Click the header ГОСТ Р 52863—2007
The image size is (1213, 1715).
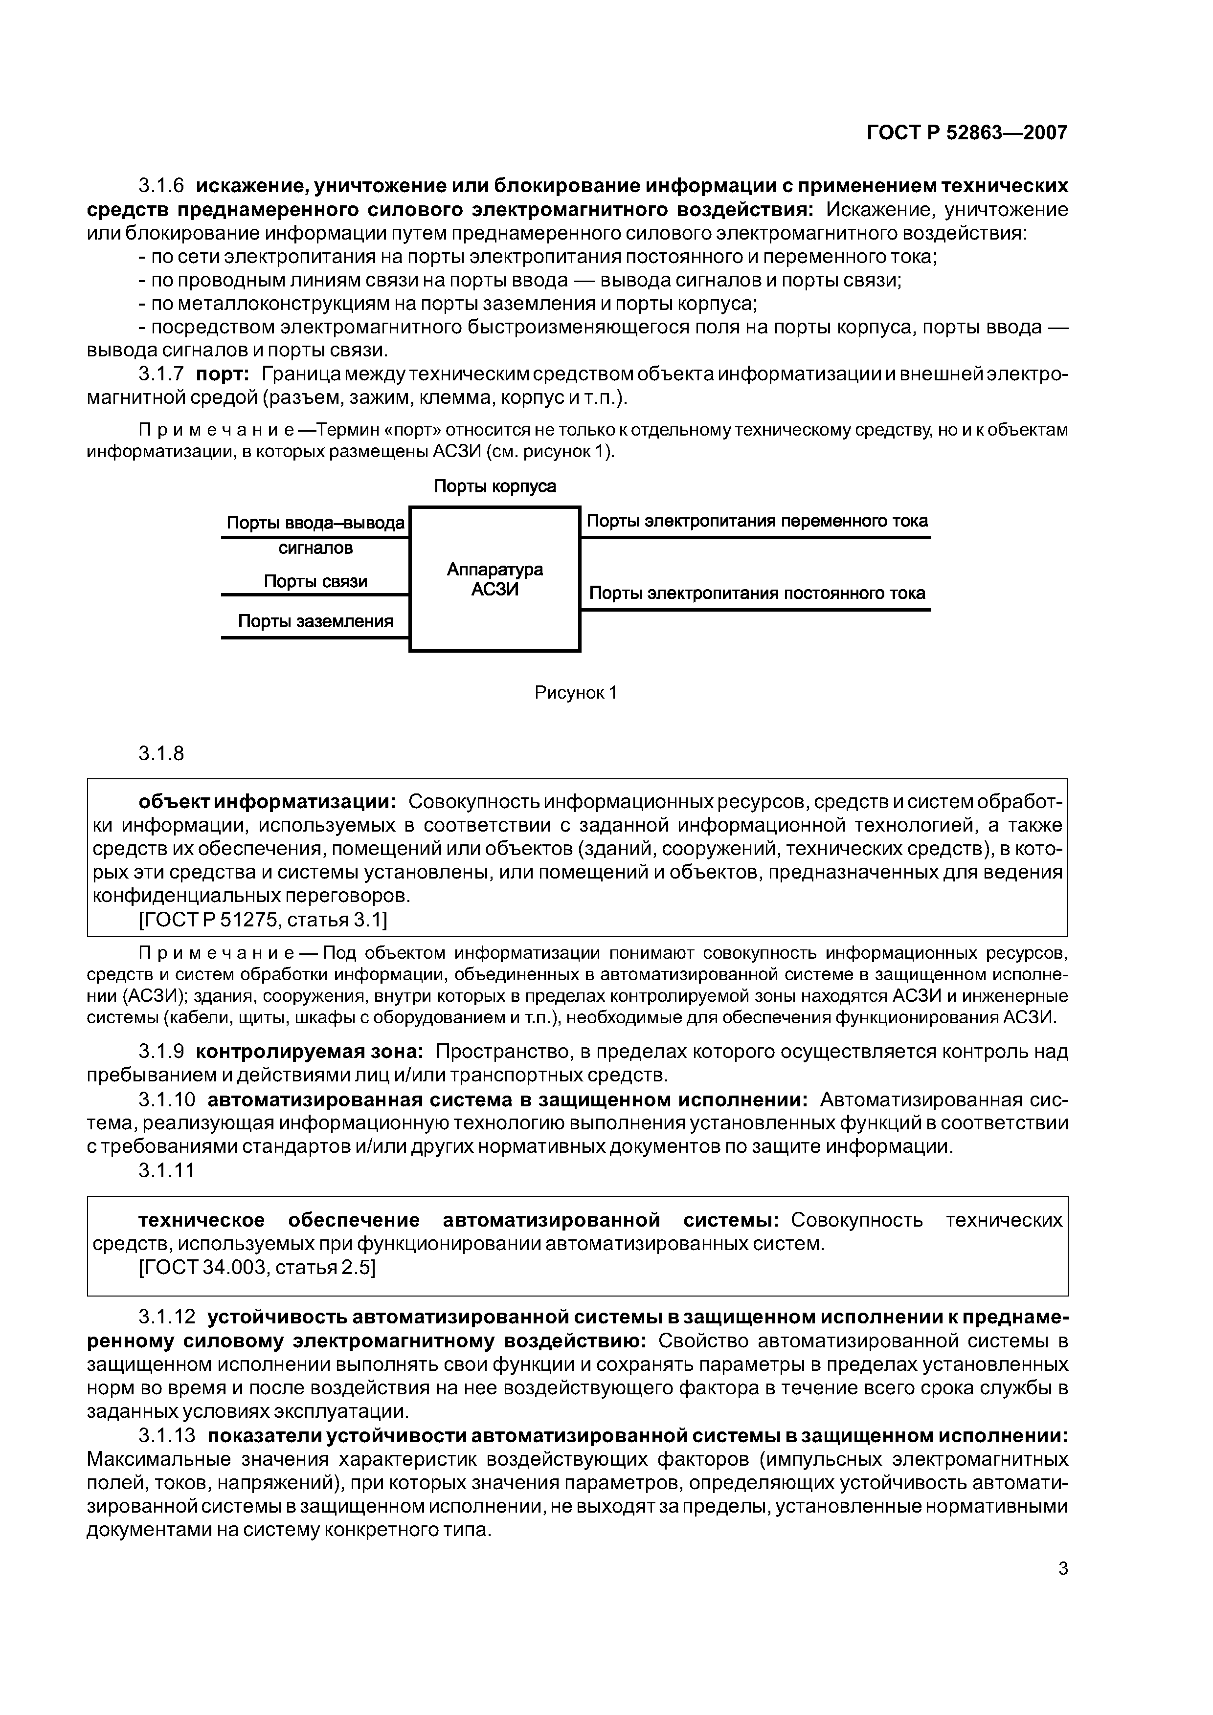tap(966, 133)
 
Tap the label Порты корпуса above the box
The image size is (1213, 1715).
tap(495, 486)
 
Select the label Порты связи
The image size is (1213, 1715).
tap(315, 581)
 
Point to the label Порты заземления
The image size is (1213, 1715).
tap(315, 621)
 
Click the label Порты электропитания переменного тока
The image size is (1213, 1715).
tap(757, 521)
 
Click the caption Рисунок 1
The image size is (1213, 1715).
tap(575, 692)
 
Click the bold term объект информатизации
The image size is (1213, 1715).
tap(268, 801)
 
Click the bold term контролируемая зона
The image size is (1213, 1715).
tap(310, 1052)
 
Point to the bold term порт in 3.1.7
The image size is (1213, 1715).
tap(222, 374)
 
